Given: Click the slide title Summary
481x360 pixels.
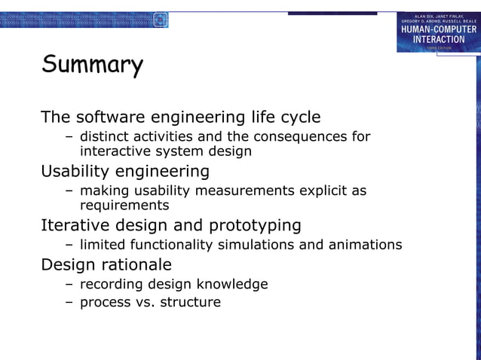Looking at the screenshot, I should tap(91, 66).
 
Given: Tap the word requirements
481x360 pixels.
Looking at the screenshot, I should tap(124, 205).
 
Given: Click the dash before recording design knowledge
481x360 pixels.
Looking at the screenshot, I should tap(69, 284).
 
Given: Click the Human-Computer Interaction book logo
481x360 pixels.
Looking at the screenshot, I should tap(438, 32).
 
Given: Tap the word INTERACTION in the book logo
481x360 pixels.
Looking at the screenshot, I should tap(438, 39).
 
